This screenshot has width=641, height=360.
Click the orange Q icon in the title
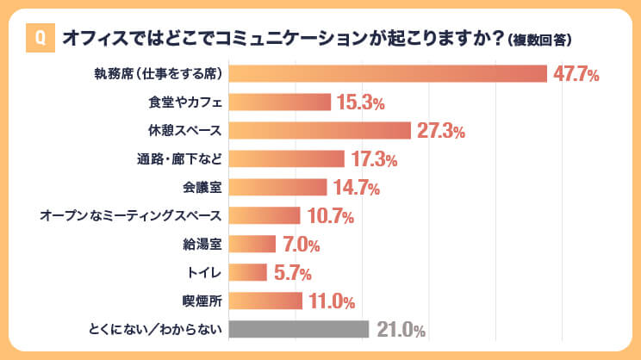pos(39,39)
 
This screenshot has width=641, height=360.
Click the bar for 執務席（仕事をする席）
pos(389,74)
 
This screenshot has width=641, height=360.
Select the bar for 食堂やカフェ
pos(281,102)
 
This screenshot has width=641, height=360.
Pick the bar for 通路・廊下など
pos(288,159)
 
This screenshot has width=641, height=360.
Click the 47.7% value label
pos(576,74)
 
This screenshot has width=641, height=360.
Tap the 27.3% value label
pos(441,132)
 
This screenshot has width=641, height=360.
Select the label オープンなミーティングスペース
pos(132,216)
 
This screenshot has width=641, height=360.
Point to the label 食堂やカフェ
pos(186,102)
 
